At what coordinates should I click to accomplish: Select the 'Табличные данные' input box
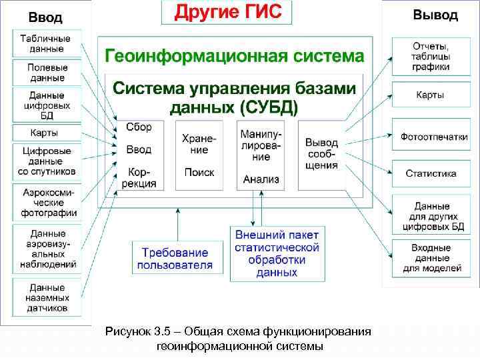coord(47,43)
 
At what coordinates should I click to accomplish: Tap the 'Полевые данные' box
coord(47,73)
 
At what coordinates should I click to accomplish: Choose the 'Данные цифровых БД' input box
coord(47,104)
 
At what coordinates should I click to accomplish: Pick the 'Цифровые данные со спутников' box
coord(47,161)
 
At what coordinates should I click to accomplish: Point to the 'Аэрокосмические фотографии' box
coord(47,202)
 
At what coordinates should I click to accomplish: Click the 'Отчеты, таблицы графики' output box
coord(430,57)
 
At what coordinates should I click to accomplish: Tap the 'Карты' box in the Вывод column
coord(430,95)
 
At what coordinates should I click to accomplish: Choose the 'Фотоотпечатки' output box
coord(430,136)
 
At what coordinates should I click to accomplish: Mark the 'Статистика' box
coord(431,173)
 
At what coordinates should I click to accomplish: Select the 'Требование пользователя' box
coord(175,259)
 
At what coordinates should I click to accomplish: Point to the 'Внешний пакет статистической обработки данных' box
coord(277,253)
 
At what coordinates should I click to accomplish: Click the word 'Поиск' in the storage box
coord(199,172)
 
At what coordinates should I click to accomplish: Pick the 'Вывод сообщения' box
coord(321,154)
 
